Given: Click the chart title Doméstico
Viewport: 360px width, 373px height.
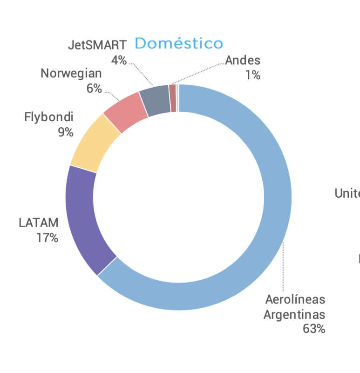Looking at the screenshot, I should click(x=179, y=43).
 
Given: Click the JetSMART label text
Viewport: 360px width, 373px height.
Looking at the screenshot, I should click(x=97, y=45).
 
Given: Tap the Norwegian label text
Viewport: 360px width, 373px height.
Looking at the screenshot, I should click(x=71, y=73).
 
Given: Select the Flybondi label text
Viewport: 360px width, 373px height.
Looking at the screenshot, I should click(x=49, y=117).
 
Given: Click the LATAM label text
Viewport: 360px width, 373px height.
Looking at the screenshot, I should click(x=39, y=222).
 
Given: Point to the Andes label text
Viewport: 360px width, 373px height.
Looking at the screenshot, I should click(x=243, y=60).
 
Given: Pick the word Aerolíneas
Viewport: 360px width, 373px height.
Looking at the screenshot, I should click(x=295, y=299).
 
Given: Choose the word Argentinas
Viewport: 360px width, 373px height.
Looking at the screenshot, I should click(x=294, y=314).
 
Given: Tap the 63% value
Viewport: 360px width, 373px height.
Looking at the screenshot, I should click(x=314, y=329).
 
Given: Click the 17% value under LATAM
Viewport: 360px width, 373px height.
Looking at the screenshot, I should click(x=48, y=238).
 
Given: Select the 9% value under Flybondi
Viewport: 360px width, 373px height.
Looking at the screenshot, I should click(x=66, y=132).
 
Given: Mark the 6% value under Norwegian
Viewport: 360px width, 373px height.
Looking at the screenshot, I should click(x=94, y=88).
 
